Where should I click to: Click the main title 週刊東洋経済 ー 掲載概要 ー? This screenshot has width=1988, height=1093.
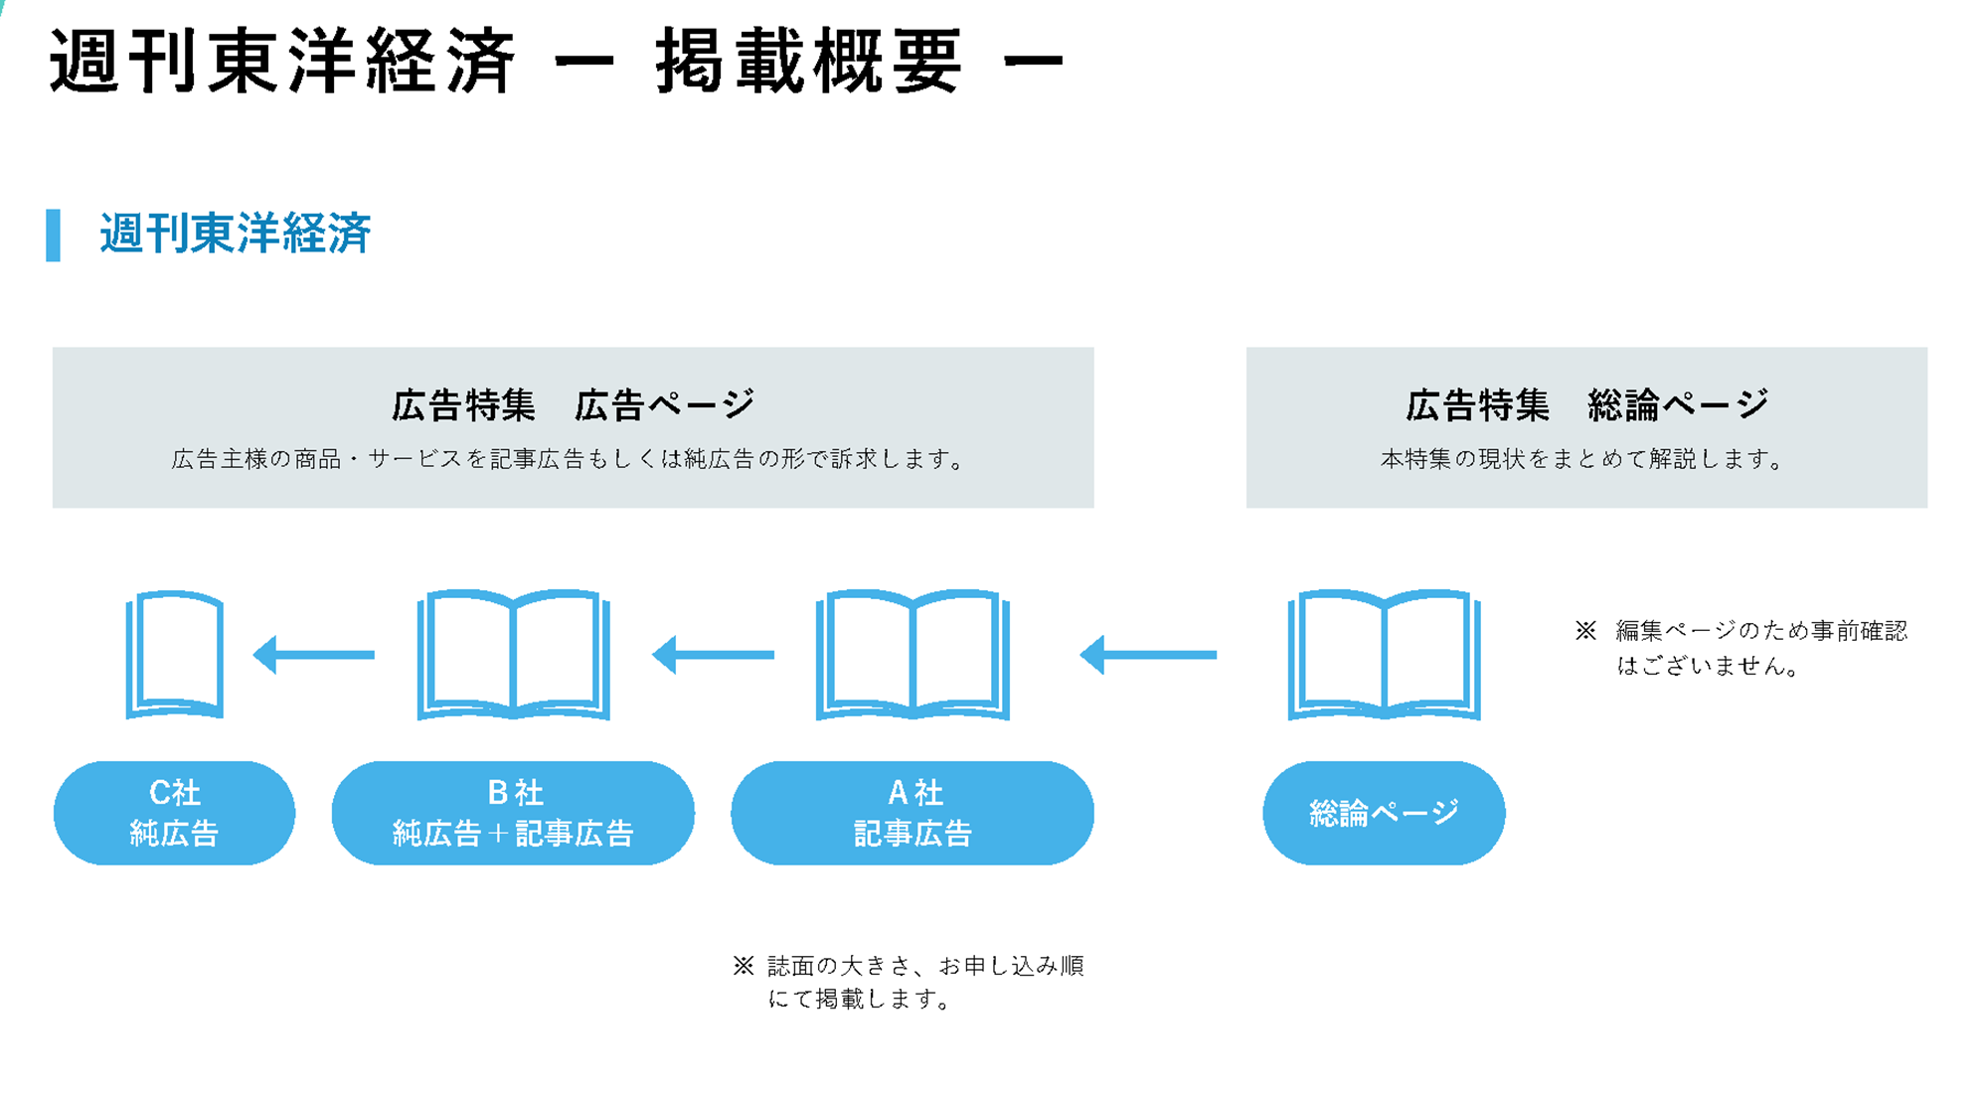(557, 62)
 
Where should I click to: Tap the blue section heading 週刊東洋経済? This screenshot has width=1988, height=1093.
(236, 234)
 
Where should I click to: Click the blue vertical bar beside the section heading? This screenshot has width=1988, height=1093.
(53, 234)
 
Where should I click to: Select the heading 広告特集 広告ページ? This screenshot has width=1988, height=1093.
(574, 404)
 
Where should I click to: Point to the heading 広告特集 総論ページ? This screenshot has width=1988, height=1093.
(1587, 404)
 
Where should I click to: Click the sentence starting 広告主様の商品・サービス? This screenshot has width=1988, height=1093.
(569, 459)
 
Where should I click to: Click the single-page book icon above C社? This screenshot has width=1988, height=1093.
(175, 655)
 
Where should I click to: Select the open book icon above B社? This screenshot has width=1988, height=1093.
(513, 655)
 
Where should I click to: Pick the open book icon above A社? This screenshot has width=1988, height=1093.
(912, 655)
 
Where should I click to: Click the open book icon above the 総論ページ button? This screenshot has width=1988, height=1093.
(1384, 655)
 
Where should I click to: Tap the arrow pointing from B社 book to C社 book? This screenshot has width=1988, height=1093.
(314, 655)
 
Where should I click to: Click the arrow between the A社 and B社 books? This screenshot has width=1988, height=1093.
(713, 655)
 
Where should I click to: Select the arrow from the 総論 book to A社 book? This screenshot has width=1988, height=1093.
(1148, 655)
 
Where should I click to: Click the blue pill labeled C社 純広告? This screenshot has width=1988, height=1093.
(175, 813)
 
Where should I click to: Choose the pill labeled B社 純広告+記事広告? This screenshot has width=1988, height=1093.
(513, 813)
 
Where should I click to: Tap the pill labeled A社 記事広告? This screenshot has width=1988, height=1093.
(912, 813)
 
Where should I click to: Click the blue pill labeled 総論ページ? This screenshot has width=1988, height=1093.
(1384, 813)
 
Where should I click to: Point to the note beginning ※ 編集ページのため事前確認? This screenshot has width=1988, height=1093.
(1741, 648)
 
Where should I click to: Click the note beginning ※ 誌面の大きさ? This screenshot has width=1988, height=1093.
(909, 982)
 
